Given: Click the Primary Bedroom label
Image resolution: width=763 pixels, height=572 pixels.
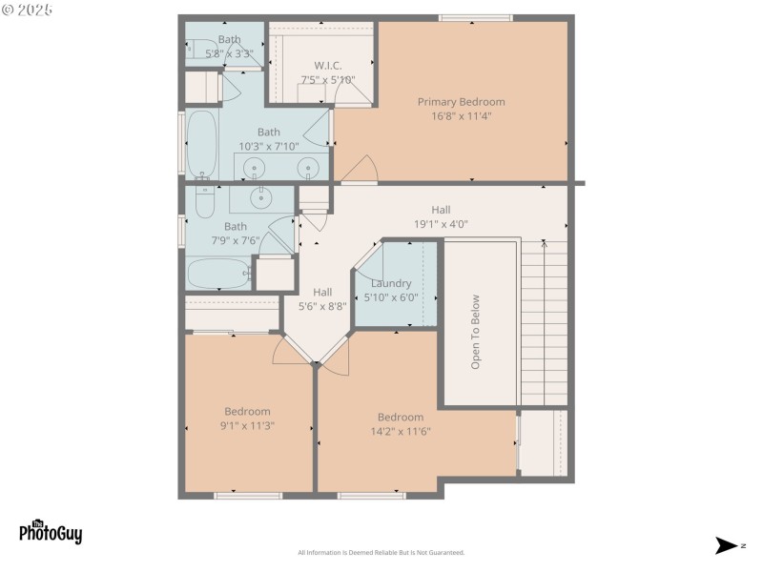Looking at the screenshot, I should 461,102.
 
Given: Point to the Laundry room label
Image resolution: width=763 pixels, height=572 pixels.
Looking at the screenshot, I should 391,283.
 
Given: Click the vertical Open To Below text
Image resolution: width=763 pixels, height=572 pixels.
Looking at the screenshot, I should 475,331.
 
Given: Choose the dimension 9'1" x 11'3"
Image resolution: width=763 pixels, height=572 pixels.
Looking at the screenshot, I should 247,425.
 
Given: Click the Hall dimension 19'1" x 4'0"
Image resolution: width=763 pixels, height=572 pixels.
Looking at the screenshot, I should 441,224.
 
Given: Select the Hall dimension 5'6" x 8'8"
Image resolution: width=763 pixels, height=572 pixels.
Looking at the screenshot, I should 322,306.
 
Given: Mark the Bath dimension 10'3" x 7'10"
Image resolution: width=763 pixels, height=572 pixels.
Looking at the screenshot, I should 269,146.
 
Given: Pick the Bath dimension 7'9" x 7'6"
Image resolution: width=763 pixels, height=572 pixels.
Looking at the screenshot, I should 236,240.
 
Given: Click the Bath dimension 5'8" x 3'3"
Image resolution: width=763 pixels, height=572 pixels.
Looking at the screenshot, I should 229,53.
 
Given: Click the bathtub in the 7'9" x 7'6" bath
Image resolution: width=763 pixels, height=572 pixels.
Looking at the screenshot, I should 218,275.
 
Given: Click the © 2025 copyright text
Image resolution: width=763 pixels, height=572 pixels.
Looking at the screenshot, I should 28,10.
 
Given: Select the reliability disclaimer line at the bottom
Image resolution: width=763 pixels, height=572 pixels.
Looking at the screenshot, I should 381,553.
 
